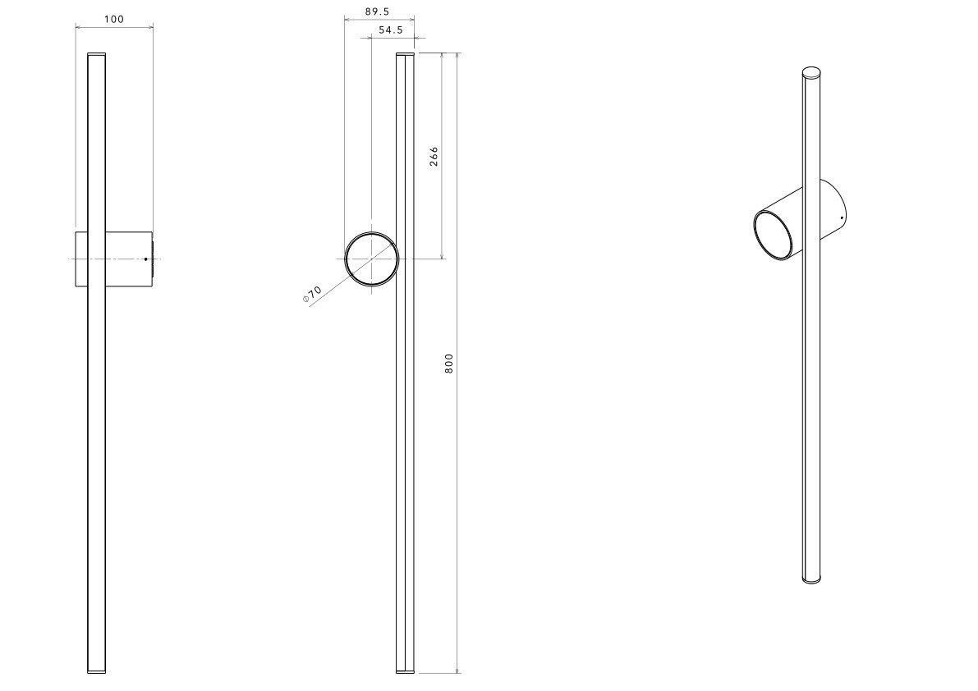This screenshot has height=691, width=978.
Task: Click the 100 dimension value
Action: pos(113,20)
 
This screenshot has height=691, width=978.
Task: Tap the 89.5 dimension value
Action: pos(379,11)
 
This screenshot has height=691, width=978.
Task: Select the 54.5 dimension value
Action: pos(390,30)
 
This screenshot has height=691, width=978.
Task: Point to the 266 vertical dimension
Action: pos(434,156)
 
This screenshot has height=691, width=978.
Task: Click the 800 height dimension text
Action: pos(449,364)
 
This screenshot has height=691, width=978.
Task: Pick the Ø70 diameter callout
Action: pos(313,294)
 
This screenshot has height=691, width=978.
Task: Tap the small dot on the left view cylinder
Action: pos(146,259)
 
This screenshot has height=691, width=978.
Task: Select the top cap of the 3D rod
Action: pos(811,71)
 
